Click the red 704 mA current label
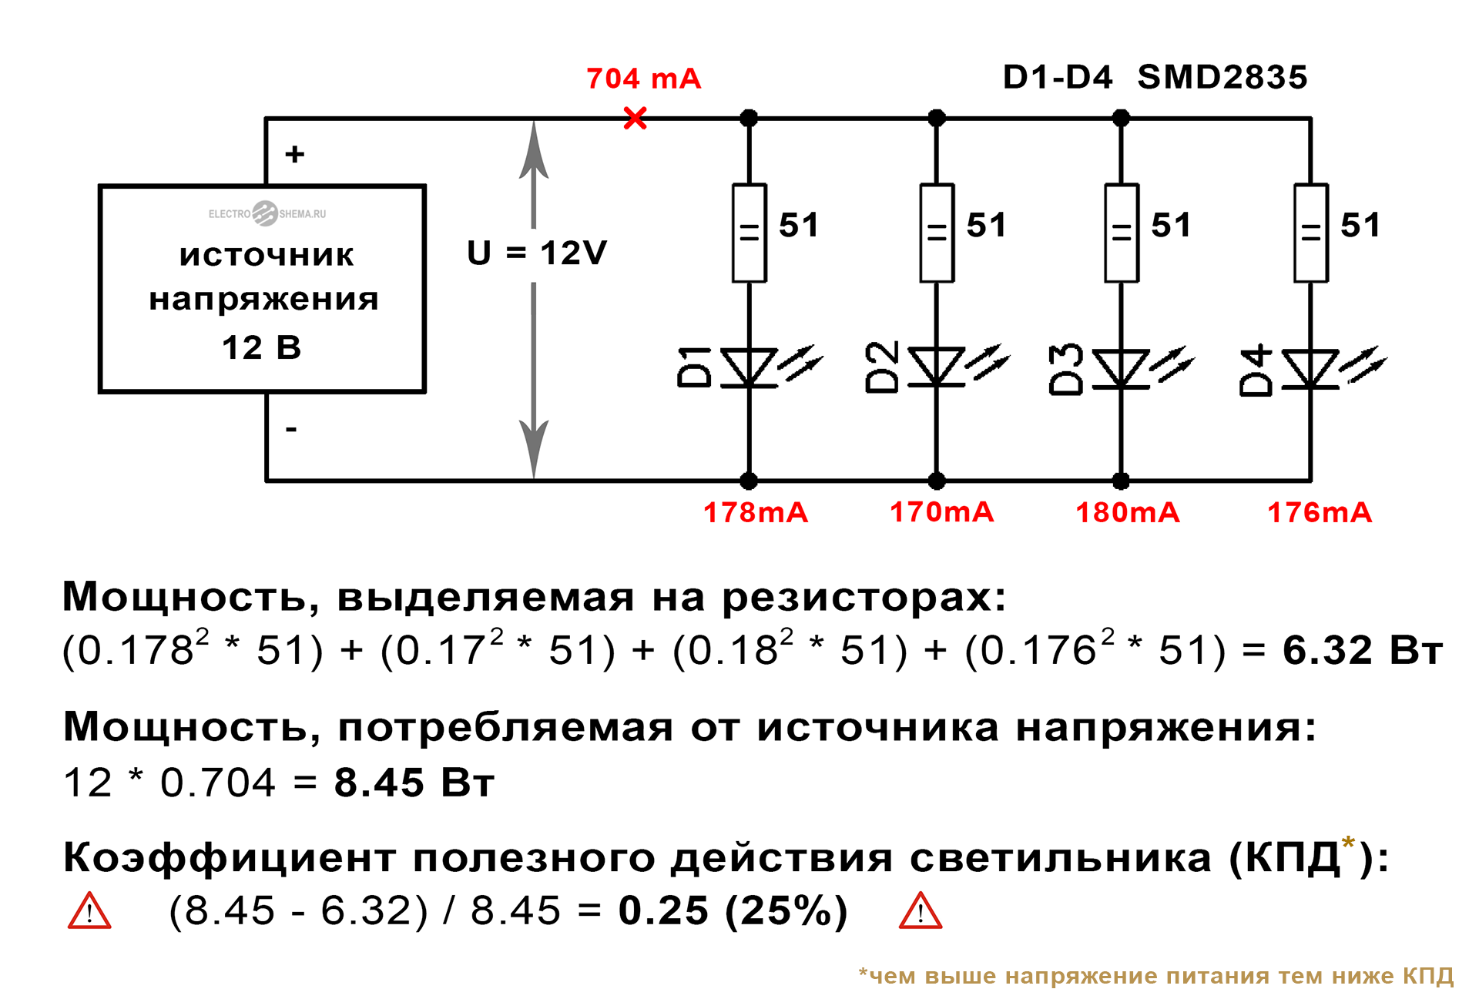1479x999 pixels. click(x=643, y=79)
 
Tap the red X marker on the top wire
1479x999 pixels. click(x=636, y=119)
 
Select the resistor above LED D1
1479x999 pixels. click(x=749, y=233)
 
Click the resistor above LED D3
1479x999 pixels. click(x=1122, y=233)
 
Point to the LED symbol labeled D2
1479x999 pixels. click(x=937, y=367)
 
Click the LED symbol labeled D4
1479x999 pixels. click(x=1310, y=369)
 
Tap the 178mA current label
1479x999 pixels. click(x=756, y=513)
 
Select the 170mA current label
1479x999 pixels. click(x=941, y=513)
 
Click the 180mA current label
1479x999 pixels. click(x=1128, y=513)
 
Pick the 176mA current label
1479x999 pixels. click(x=1320, y=513)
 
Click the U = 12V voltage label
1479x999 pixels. click(x=537, y=253)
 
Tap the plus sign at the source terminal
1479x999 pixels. click(x=294, y=154)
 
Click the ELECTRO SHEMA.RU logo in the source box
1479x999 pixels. click(x=267, y=213)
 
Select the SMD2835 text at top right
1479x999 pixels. click(x=1222, y=77)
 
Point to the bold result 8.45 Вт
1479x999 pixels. click(x=414, y=783)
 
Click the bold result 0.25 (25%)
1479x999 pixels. click(x=733, y=911)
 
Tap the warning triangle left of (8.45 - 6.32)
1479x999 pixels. click(x=90, y=912)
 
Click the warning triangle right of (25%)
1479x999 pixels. click(x=921, y=912)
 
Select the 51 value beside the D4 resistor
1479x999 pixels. click(x=1360, y=226)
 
